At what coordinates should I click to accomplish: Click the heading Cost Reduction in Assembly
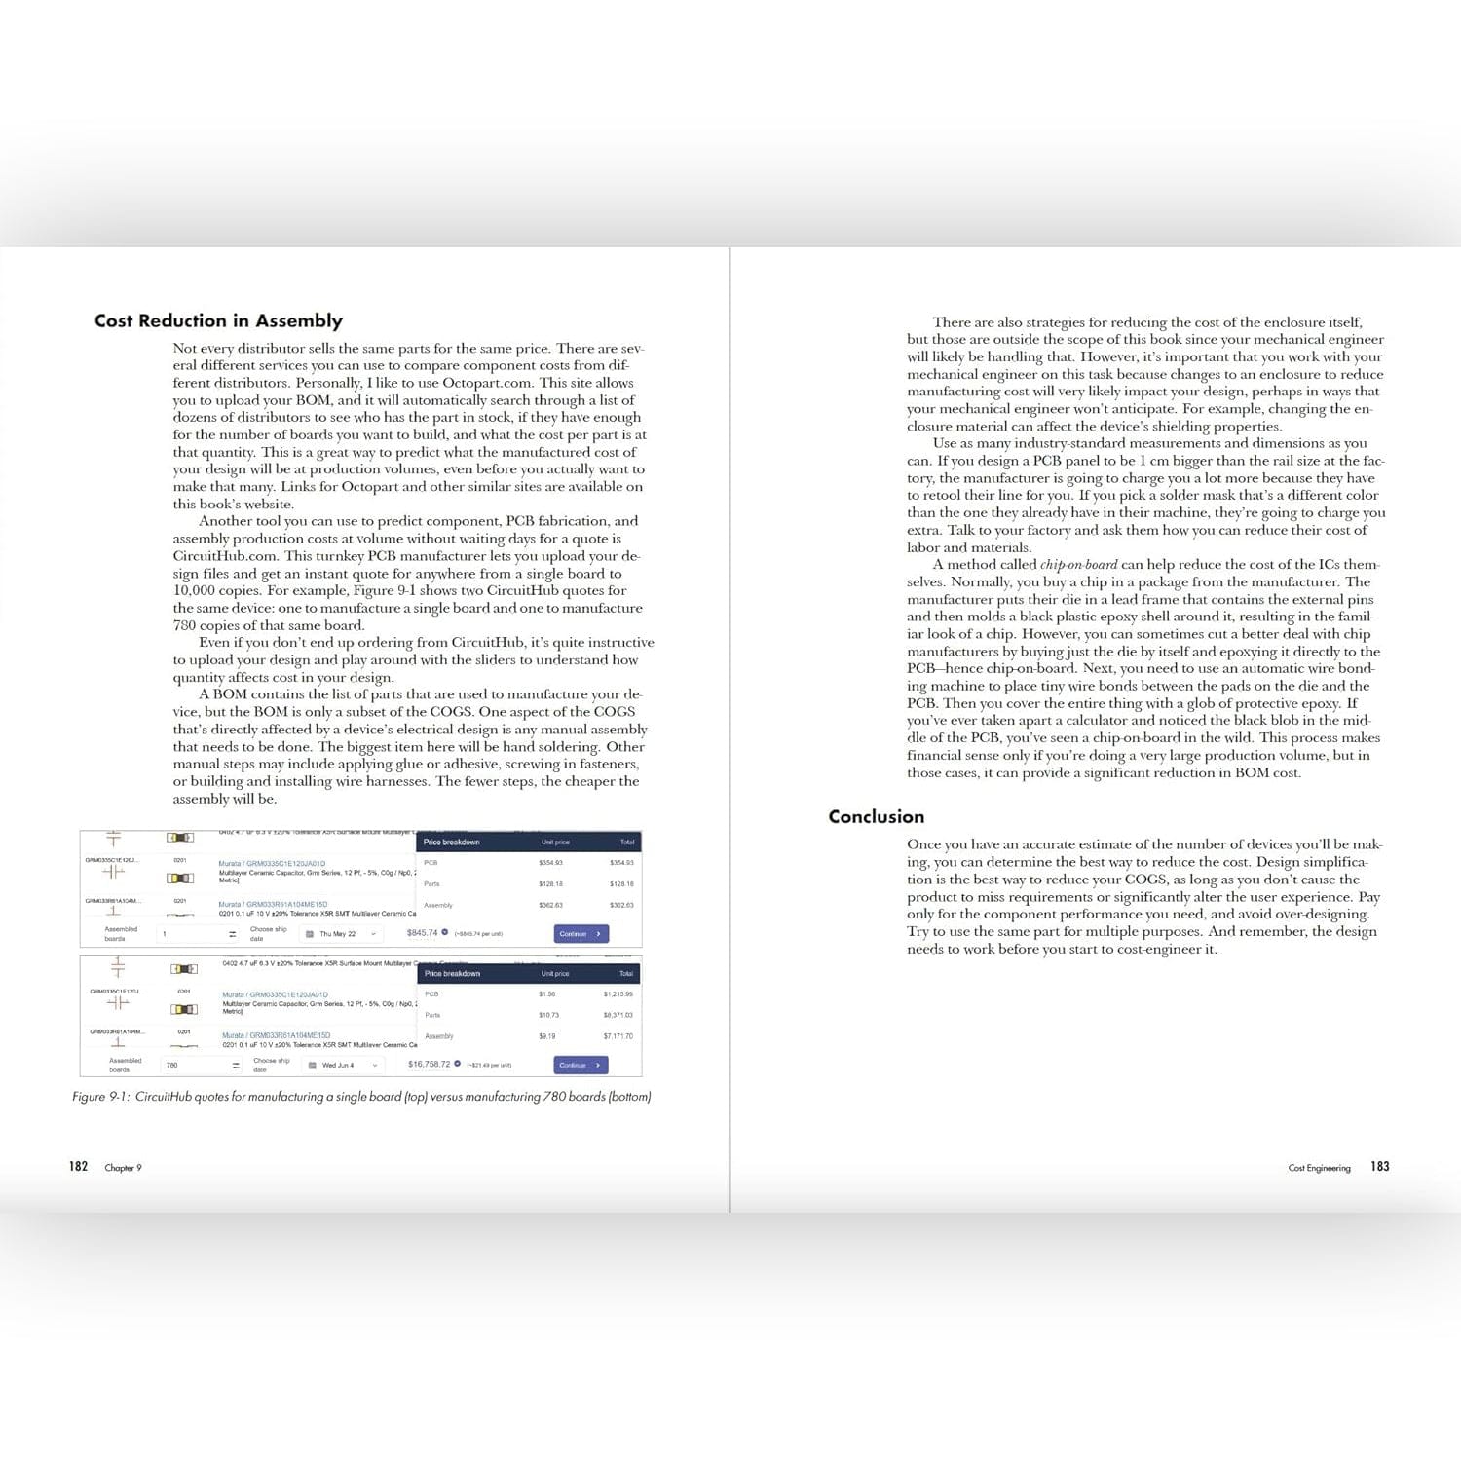(x=218, y=320)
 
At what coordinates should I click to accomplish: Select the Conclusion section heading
(x=876, y=816)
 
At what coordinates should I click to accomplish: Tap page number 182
(x=78, y=1166)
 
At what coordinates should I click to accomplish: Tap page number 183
(x=1379, y=1166)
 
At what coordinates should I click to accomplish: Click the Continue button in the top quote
(x=581, y=933)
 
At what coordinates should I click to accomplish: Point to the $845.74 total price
(x=423, y=933)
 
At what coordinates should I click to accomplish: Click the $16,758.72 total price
(x=430, y=1064)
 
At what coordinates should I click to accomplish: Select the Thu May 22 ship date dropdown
(x=341, y=933)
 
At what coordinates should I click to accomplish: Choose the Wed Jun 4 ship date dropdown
(x=342, y=1065)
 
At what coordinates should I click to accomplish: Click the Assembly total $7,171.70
(x=618, y=1036)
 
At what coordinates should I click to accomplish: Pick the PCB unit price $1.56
(x=546, y=994)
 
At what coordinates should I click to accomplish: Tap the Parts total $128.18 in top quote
(x=621, y=884)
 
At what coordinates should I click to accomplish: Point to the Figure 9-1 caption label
(x=101, y=1097)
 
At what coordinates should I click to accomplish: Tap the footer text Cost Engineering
(x=1319, y=1168)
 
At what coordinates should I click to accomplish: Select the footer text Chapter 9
(x=123, y=1168)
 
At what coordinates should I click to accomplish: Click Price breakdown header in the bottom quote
(x=452, y=973)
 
